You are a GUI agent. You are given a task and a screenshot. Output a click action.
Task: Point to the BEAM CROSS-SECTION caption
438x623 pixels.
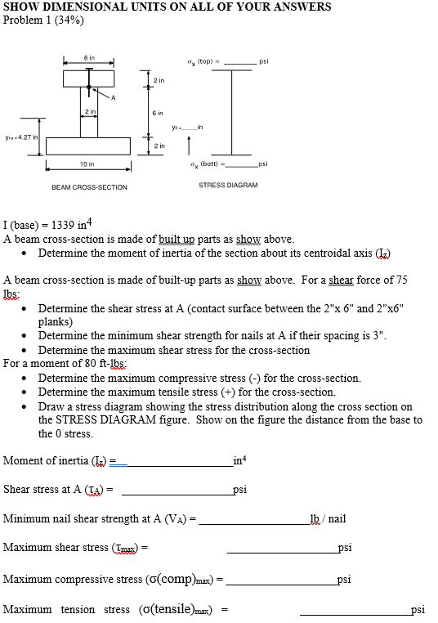click(x=89, y=187)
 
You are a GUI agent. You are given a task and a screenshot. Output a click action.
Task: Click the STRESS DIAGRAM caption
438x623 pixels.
click(x=228, y=185)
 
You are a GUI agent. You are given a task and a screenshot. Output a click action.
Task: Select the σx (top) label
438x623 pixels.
click(x=200, y=61)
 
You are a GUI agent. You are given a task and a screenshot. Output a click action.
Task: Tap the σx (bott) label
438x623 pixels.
click(x=201, y=164)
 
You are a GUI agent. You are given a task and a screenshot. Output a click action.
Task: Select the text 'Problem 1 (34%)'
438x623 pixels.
click(x=43, y=20)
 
